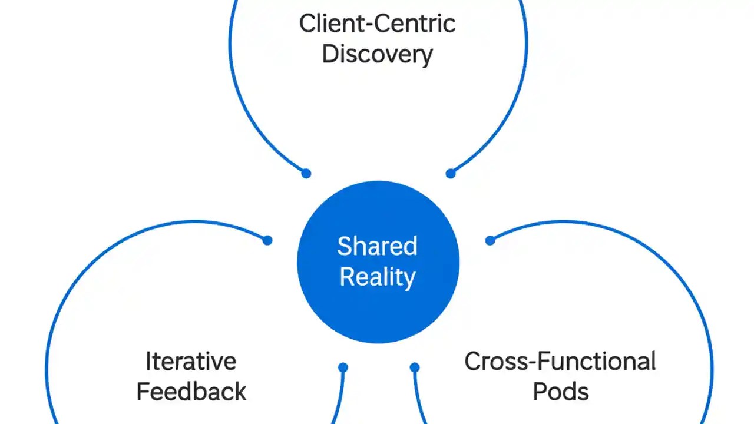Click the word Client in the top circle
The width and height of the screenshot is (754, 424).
click(x=326, y=24)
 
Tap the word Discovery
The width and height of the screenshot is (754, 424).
click(x=377, y=54)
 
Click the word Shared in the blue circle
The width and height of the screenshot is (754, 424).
click(x=377, y=246)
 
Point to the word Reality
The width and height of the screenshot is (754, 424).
click(x=377, y=277)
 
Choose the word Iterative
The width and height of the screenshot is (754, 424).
click(x=190, y=361)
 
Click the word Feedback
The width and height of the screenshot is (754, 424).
click(x=191, y=392)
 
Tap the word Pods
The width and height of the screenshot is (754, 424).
click(x=560, y=392)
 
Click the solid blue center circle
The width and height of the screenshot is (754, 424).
click(x=377, y=306)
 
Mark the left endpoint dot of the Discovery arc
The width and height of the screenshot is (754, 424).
click(x=306, y=173)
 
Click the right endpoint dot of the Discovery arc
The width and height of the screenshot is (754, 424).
click(x=451, y=173)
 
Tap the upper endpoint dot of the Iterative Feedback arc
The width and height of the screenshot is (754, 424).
click(x=267, y=240)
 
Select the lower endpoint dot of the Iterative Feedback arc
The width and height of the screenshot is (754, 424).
click(x=343, y=367)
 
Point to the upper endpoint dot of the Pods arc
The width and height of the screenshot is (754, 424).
click(x=490, y=240)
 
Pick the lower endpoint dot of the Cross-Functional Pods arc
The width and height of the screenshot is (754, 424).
click(x=415, y=367)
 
